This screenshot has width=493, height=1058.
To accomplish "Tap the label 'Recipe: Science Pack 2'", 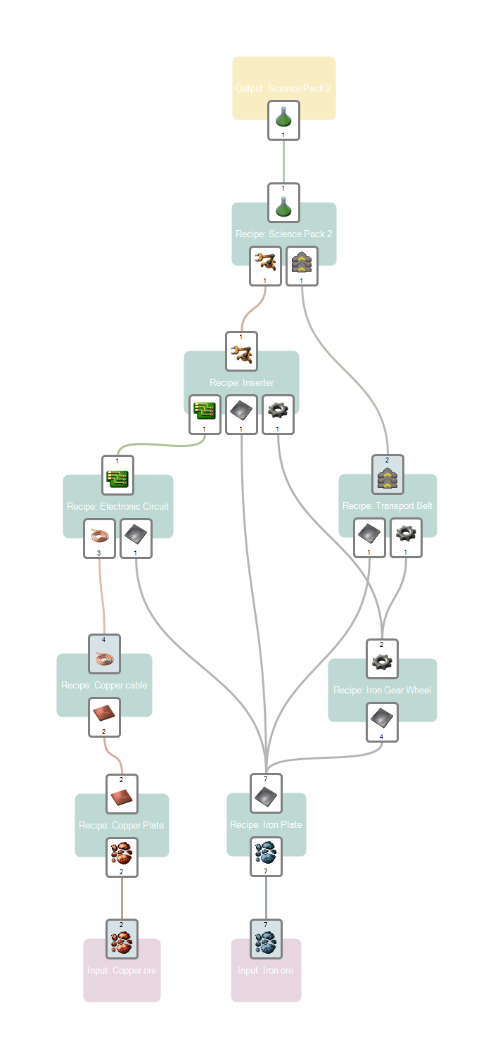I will coord(283,234).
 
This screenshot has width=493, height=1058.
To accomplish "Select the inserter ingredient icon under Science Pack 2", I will coord(265,263).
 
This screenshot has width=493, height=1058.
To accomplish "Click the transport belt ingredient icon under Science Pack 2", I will coord(302,263).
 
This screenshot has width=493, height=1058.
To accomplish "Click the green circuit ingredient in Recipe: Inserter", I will coord(205,411).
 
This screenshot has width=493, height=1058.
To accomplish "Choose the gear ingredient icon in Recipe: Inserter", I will coord(278,411).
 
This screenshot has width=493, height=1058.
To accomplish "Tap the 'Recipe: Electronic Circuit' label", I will coord(117,506).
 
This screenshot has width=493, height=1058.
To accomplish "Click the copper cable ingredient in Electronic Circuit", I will coord(99,536).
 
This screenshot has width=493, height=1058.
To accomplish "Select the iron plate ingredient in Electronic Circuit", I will coord(136,536).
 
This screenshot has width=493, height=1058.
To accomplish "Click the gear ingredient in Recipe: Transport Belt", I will coord(406,535).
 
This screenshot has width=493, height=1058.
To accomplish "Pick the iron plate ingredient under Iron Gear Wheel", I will coord(382,719).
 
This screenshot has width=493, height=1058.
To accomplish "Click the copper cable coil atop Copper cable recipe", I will coord(104,657).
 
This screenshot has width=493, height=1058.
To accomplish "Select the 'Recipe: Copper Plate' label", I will coord(121,825).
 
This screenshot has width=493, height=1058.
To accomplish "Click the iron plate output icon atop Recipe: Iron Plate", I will coord(266,796).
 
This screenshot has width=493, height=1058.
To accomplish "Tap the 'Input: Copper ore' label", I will coord(122,970).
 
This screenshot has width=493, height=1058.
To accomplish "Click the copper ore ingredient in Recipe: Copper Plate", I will coord(122,854).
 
